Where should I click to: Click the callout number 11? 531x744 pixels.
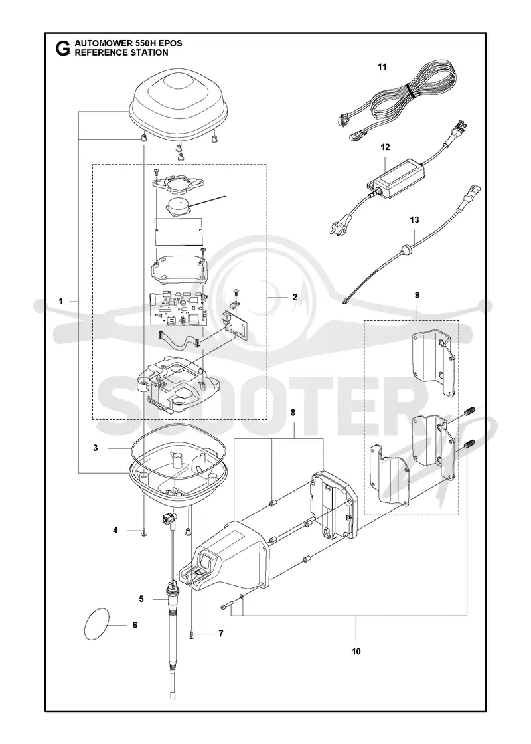coord(382,67)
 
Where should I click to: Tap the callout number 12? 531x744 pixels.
coord(385,147)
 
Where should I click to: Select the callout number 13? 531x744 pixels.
coord(414,220)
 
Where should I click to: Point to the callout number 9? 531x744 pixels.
coord(417,295)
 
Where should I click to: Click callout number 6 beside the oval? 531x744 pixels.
coord(135,625)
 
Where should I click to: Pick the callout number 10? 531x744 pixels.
coord(356,652)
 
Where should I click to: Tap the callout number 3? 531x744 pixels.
coord(96,448)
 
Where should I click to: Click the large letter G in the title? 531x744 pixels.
coord(60,48)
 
